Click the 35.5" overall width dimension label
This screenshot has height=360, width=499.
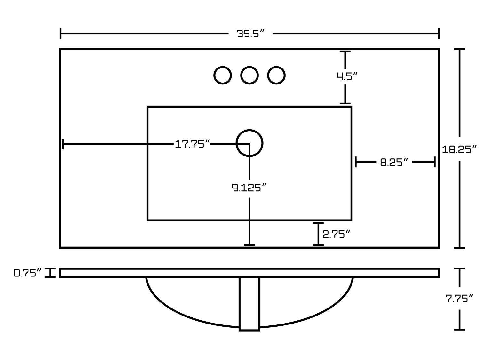pyautogui.click(x=251, y=34)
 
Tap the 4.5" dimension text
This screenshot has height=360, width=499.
pyautogui.click(x=346, y=76)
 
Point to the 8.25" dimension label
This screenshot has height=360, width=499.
pyautogui.click(x=394, y=162)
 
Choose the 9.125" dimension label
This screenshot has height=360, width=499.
pyautogui.click(x=249, y=188)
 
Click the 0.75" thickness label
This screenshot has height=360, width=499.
pyautogui.click(x=28, y=273)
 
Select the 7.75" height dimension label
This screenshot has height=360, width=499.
pyautogui.click(x=459, y=299)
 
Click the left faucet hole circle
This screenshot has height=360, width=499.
pyautogui.click(x=222, y=76)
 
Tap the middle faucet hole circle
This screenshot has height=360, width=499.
pyautogui.click(x=249, y=76)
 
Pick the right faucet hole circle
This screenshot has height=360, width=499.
pyautogui.click(x=276, y=76)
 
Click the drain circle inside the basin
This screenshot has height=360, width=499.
pyautogui.click(x=249, y=143)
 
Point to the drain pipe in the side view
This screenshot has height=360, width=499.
pyautogui.click(x=249, y=303)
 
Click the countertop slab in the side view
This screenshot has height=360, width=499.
pyautogui.click(x=249, y=273)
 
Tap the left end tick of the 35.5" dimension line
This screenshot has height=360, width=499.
pyautogui.click(x=61, y=33)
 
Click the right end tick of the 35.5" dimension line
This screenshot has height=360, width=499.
pyautogui.click(x=439, y=33)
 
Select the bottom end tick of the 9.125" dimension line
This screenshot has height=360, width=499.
pyautogui.click(x=249, y=245)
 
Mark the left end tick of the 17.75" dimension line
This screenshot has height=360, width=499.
pyautogui.click(x=63, y=144)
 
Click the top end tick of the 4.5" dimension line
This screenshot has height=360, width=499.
pyautogui.click(x=345, y=52)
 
